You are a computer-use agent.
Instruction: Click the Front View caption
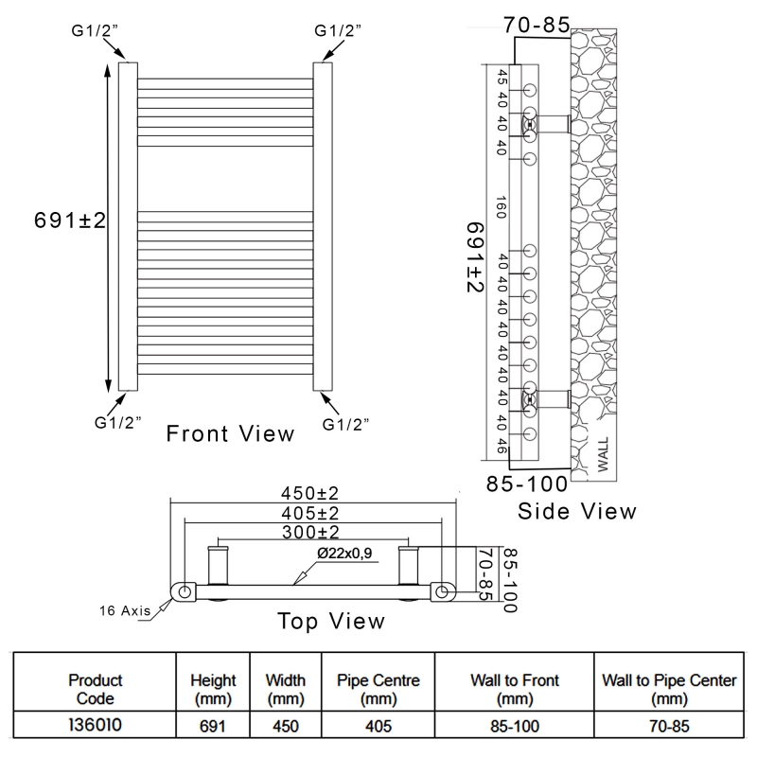230,434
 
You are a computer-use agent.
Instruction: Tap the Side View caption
577,511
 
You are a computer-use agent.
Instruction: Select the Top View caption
330,621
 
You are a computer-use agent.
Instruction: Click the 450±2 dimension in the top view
310,493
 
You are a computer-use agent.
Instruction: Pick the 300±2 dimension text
310,532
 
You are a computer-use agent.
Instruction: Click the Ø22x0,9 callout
346,553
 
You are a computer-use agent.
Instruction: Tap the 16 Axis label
124,610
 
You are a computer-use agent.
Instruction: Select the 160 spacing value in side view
502,206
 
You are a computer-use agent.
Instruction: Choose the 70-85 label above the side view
537,26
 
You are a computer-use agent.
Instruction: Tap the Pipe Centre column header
378,690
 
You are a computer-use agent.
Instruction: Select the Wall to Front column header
516,690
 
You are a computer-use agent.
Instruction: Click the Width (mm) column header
286,690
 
